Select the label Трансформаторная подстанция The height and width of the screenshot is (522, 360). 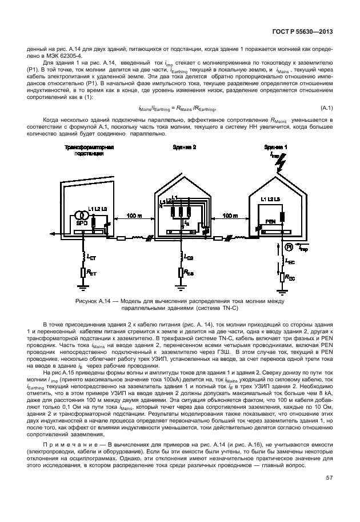pos(89,150)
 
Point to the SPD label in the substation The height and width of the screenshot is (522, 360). pos(81,222)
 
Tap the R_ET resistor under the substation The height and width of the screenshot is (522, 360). pos(83,273)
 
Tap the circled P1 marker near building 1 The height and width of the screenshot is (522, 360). pos(289,248)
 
